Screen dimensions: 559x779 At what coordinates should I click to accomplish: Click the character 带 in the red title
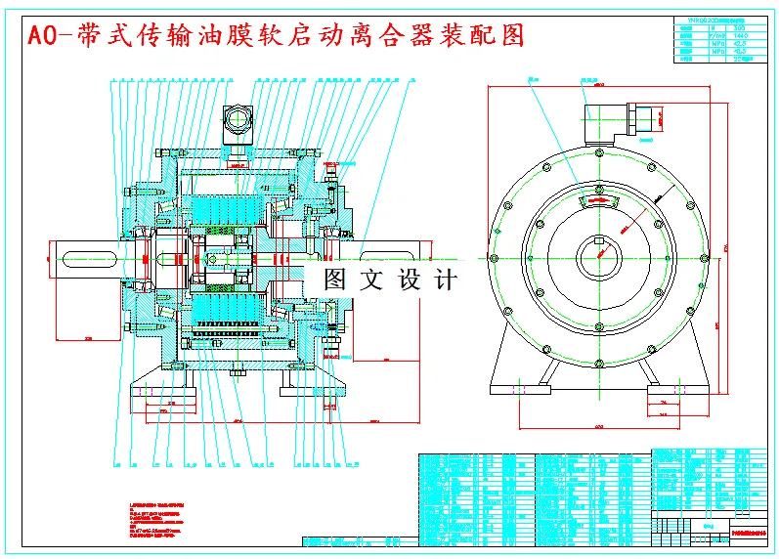pos(97,36)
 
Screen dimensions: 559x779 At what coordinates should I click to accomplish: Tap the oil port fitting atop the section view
pos(238,121)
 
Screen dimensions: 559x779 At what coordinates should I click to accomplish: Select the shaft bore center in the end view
pos(598,257)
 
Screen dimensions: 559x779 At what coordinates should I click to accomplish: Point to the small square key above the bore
pos(598,240)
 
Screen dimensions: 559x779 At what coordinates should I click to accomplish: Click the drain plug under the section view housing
pos(238,371)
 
